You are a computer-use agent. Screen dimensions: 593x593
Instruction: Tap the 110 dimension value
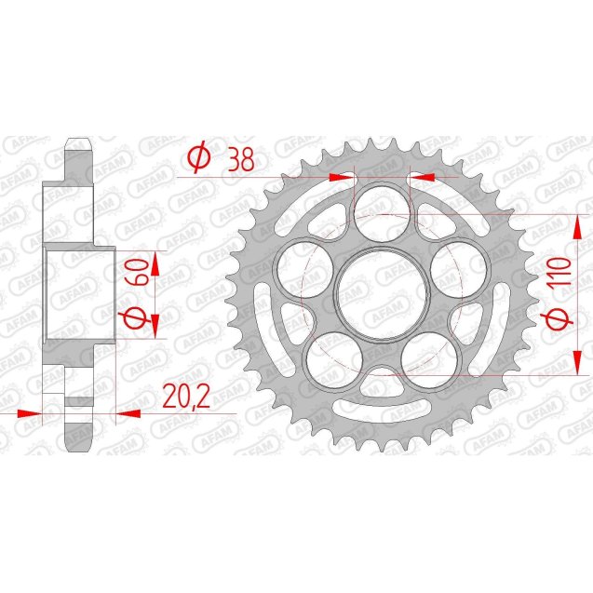(x=558, y=275)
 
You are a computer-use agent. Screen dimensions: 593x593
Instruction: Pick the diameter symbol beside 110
(x=558, y=319)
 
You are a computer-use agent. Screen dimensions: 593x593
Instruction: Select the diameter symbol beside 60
(x=135, y=318)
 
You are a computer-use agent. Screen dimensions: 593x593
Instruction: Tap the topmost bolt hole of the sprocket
(x=383, y=208)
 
